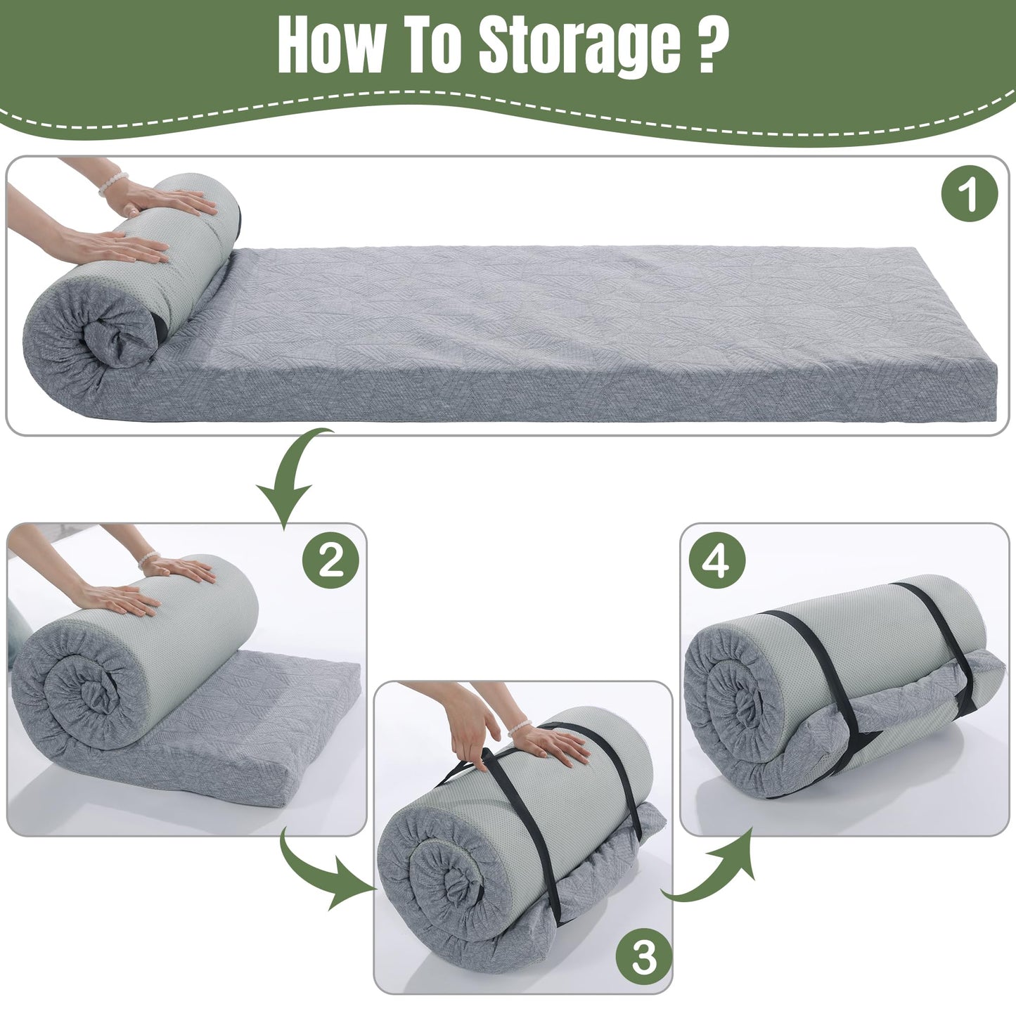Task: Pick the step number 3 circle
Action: pos(643,957)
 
